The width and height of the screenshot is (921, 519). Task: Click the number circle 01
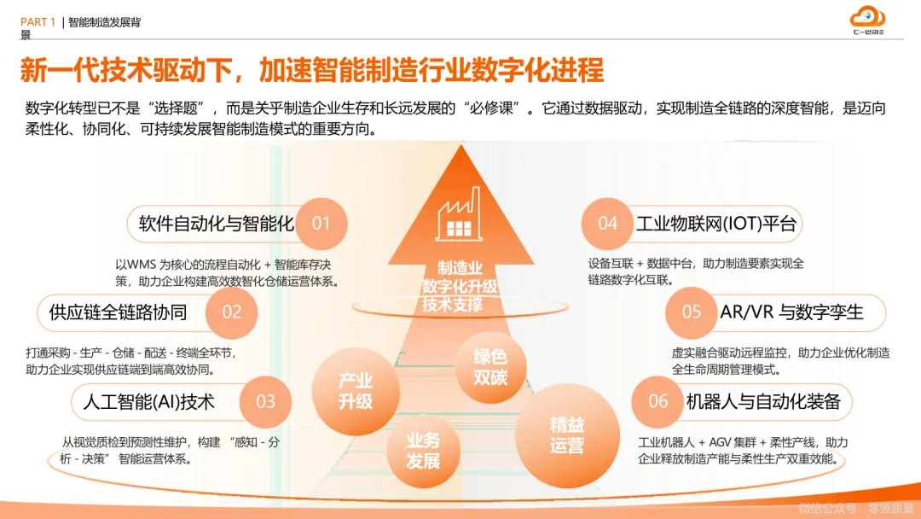321,225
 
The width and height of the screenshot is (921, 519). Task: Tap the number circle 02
232,312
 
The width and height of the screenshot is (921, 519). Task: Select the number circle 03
266,401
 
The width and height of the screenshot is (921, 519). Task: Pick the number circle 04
607,225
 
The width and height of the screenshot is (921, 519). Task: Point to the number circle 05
691,312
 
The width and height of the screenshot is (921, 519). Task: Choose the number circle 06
658,401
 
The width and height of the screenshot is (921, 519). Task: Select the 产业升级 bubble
356,391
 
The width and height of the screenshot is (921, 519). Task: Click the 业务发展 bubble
423,451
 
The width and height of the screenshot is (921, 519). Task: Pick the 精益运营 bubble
566,434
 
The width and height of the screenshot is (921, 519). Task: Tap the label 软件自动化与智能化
216,225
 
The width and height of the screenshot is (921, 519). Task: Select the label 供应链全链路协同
118,312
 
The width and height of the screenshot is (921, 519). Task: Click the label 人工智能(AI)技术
149,401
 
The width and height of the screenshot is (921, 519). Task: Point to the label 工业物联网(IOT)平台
715,225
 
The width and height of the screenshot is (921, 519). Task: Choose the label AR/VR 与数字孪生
791,312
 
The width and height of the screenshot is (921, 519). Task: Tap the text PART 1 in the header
38,22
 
